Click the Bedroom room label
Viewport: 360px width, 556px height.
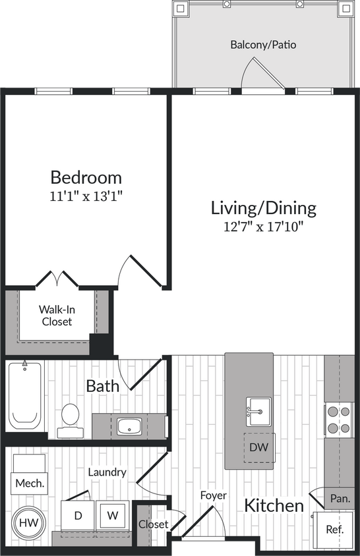(x=86, y=177)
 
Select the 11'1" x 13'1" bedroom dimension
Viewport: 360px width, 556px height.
(x=86, y=196)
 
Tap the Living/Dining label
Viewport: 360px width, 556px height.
(x=263, y=208)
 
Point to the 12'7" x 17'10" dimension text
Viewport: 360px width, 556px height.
(x=263, y=227)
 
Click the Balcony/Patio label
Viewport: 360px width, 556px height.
(x=263, y=45)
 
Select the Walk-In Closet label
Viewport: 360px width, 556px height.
(x=57, y=316)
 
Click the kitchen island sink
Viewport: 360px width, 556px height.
(x=258, y=412)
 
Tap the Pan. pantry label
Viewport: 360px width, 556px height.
(x=340, y=499)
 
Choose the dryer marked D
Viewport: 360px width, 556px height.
(x=78, y=516)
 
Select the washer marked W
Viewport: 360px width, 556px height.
(x=113, y=516)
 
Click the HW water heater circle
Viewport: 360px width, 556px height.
(x=27, y=522)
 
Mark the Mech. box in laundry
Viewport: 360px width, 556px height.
(x=29, y=483)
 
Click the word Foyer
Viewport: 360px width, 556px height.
(x=213, y=495)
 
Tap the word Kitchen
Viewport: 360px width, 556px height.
(x=274, y=506)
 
